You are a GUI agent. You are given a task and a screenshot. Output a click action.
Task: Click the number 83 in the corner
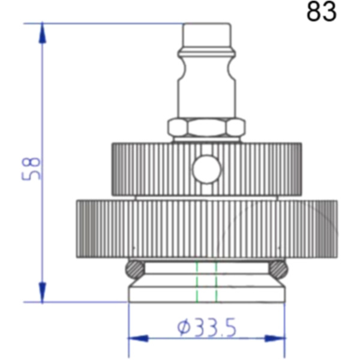[x=322, y=12]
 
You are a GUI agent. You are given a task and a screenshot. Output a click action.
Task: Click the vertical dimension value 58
[x=31, y=169]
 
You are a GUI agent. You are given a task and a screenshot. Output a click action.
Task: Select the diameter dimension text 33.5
[x=215, y=328]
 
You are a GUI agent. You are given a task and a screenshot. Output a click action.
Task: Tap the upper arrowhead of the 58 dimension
[x=42, y=33]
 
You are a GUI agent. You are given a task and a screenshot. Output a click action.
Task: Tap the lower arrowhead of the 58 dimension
[x=42, y=292]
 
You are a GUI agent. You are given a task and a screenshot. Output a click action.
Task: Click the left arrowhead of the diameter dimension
[x=138, y=338]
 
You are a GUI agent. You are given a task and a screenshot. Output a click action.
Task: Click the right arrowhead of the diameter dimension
[x=275, y=338]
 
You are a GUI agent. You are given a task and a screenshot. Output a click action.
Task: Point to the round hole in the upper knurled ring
[x=207, y=169]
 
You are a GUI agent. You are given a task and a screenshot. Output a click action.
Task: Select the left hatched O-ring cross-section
[x=135, y=269]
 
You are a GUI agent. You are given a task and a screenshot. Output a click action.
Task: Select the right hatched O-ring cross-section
[x=278, y=269]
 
